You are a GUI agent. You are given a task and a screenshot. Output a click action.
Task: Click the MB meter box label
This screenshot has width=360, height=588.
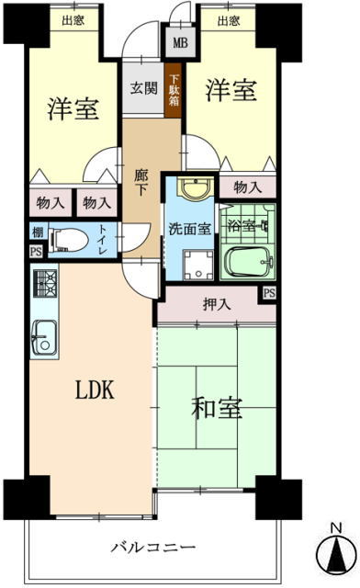coord(180,42)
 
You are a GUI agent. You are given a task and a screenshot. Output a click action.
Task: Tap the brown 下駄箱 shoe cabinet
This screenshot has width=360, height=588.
coord(174,90)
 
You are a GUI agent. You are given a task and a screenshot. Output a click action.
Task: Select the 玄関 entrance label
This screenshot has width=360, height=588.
coord(143,88)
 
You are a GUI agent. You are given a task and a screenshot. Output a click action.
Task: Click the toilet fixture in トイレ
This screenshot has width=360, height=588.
coord(68,241)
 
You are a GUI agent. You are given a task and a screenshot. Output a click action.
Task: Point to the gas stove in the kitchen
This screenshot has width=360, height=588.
coord(45,283)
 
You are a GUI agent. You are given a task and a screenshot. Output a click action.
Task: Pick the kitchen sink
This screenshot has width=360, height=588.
coord(44,338)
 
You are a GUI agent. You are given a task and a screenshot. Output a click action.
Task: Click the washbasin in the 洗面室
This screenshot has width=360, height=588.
coord(196,187)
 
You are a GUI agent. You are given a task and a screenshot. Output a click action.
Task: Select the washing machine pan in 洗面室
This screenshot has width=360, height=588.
coord(198,265)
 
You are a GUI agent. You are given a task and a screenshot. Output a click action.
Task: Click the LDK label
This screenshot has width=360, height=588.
coord(95,390)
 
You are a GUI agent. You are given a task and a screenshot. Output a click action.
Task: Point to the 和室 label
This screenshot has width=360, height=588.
coord(217,408)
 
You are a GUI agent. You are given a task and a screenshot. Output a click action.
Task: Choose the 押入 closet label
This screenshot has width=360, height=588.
coord(217,304)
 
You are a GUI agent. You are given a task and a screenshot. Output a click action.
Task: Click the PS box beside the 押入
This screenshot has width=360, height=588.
coord(269,292)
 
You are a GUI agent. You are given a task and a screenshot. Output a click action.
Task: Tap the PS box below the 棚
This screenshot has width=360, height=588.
coord(37,251)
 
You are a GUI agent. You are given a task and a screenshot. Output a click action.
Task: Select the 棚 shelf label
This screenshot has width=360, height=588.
coord(38,232)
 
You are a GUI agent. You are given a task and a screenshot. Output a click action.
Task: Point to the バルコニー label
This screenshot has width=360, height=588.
coord(153,548)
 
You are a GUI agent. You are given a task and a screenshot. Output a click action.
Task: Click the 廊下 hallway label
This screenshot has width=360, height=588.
coord(141,183)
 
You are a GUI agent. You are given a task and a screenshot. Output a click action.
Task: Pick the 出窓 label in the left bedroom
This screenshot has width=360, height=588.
coord(73,20)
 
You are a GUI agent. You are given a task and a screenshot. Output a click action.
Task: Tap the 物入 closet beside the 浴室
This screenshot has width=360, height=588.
coord(248,187)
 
